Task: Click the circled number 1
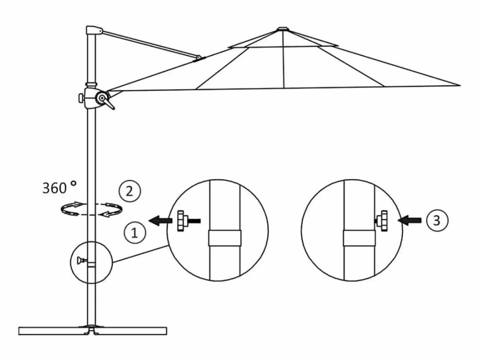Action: click(135, 233)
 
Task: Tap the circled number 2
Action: click(130, 192)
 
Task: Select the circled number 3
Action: click(437, 220)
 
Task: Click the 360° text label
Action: click(59, 187)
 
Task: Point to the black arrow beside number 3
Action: click(409, 220)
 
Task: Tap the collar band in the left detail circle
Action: click(225, 238)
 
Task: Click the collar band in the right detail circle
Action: click(359, 238)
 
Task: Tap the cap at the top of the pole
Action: click(94, 30)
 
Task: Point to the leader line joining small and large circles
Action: click(140, 254)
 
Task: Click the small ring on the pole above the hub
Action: click(91, 84)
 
